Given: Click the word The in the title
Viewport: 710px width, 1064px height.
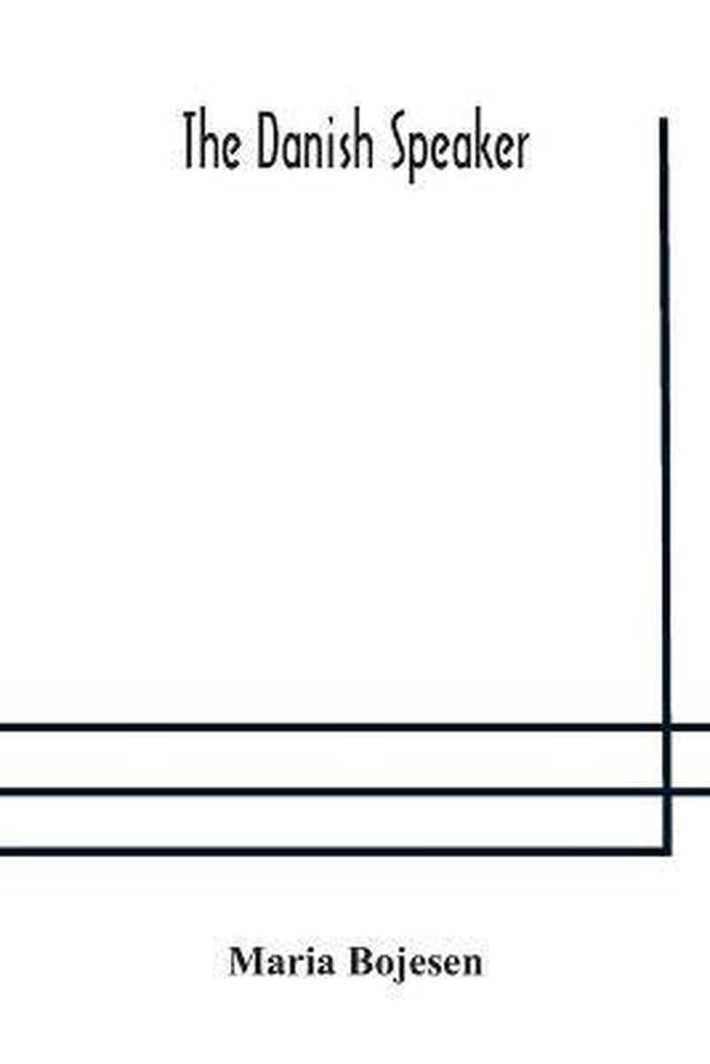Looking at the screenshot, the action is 212,145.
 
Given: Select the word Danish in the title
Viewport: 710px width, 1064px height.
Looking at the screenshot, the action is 316,145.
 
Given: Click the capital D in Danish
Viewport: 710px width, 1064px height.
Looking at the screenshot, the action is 269,145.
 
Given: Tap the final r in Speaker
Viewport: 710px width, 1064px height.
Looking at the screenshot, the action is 522,151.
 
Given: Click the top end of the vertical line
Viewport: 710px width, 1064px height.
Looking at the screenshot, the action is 664,118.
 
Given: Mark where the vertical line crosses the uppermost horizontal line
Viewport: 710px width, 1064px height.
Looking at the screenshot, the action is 667,727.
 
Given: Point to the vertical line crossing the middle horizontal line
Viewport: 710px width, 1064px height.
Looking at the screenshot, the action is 667,791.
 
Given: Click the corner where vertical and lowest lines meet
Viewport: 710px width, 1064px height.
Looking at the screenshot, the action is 667,851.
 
